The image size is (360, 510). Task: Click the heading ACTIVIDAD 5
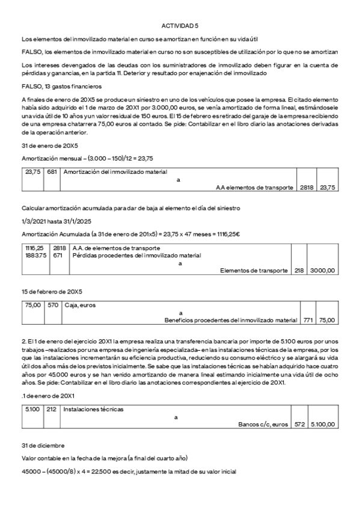coord(180,26)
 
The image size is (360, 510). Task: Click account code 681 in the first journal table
coord(52,171)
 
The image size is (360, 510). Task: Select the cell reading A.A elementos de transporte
coord(254,187)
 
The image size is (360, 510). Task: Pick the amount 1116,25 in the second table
coord(34,247)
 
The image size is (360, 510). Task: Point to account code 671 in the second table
coord(58,255)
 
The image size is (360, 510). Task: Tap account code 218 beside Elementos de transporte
coord(299,271)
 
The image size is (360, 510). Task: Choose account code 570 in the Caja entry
coord(52,305)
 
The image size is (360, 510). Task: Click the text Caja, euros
coord(80,305)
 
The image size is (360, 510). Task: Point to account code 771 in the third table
coord(308,320)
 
